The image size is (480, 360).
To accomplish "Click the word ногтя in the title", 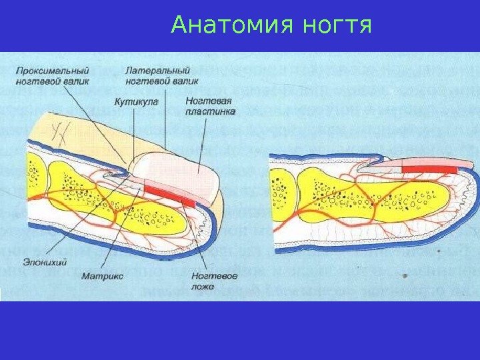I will tap(337, 26).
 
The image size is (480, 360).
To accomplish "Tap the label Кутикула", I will tap(135, 102).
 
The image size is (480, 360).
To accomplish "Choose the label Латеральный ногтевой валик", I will tap(157, 75).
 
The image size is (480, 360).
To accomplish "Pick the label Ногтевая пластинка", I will tap(210, 107).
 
